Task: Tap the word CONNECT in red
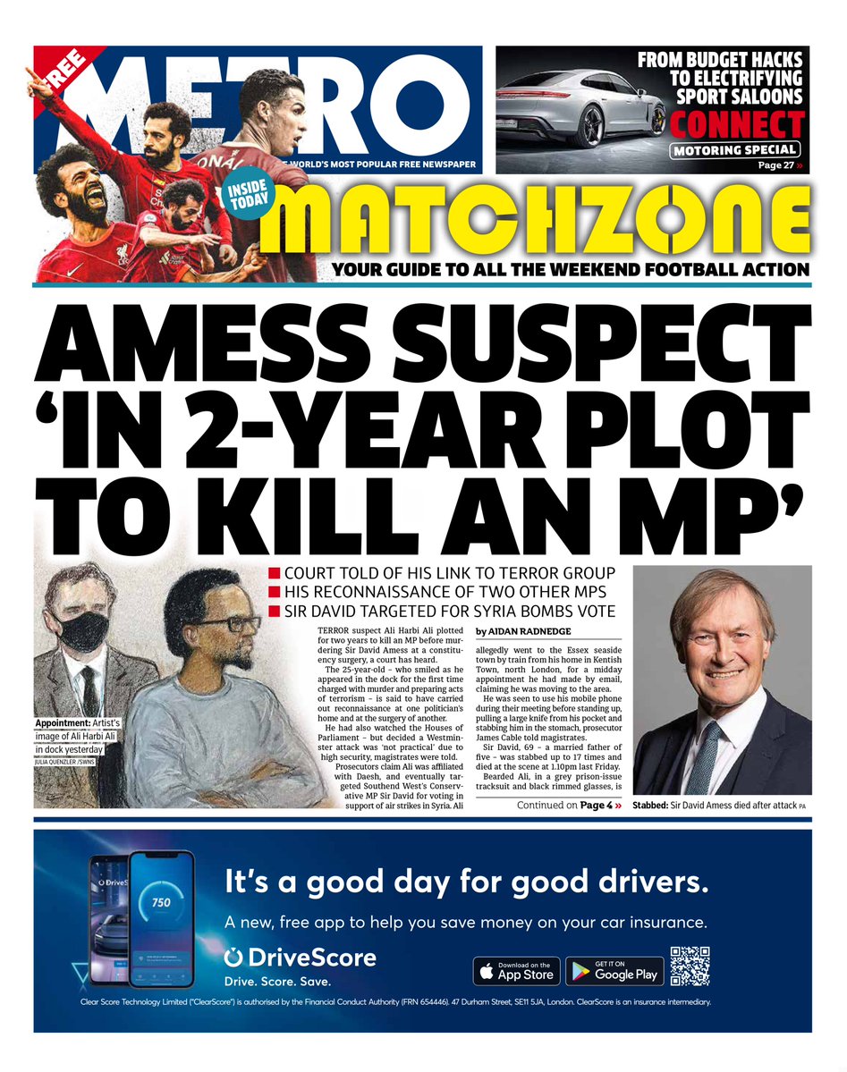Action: click(738, 123)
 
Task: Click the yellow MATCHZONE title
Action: click(537, 224)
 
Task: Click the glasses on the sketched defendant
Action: click(224, 624)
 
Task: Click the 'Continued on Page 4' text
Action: click(569, 806)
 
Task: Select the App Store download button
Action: click(516, 971)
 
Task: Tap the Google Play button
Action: click(613, 971)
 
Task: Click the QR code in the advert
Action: click(690, 966)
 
